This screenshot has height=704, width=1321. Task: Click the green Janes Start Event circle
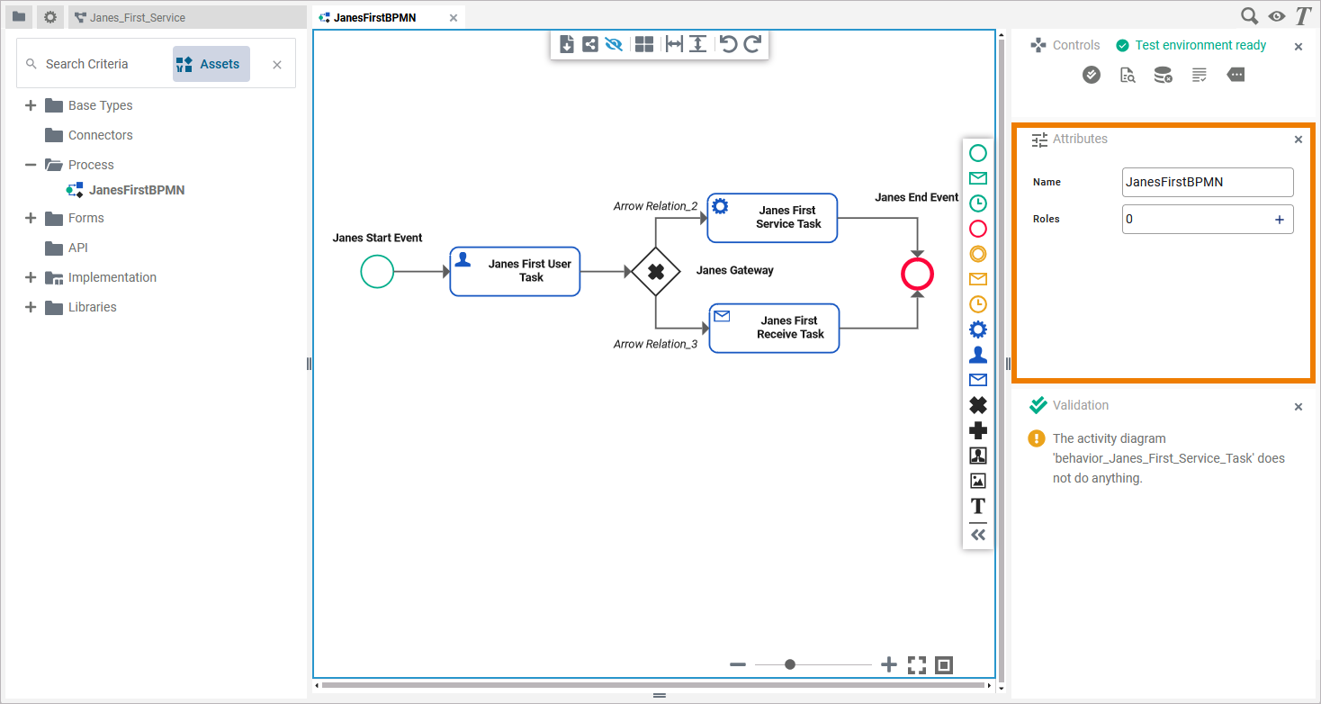click(x=377, y=271)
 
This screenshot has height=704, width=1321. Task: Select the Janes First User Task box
click(x=515, y=271)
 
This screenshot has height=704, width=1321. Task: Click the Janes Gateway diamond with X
click(x=655, y=271)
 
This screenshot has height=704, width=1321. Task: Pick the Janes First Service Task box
click(x=772, y=218)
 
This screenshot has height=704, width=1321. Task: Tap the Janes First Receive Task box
click(x=774, y=328)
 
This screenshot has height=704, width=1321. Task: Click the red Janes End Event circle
click(x=917, y=275)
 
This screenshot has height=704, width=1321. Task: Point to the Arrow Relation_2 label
click(x=655, y=206)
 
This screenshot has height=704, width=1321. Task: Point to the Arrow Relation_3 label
click(x=655, y=344)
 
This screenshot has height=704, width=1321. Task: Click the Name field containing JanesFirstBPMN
click(x=1207, y=182)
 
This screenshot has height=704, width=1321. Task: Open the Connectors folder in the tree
click(x=100, y=135)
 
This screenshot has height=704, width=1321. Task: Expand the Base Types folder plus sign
click(x=31, y=105)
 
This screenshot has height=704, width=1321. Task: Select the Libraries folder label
click(x=92, y=307)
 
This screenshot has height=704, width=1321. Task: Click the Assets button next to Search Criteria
click(x=211, y=64)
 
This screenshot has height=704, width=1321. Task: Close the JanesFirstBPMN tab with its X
click(x=454, y=18)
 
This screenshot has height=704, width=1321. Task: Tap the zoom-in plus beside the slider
click(x=889, y=664)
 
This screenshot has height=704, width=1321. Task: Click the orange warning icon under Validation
click(x=1037, y=439)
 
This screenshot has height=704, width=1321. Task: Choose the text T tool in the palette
click(x=978, y=506)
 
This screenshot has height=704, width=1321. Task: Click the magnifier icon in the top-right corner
click(x=1249, y=16)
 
